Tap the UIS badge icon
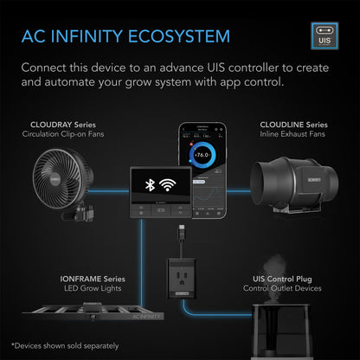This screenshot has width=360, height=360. pyautogui.click(x=322, y=36)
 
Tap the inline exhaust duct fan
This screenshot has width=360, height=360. pyautogui.click(x=291, y=182)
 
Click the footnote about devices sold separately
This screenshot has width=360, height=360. pyautogui.click(x=66, y=344)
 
